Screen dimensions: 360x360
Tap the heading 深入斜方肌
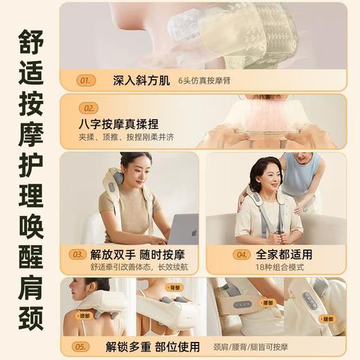click(136, 80)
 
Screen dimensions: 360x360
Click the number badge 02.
click(89, 108)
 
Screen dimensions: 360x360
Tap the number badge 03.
click(78, 254)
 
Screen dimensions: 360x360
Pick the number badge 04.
click(240, 254)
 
